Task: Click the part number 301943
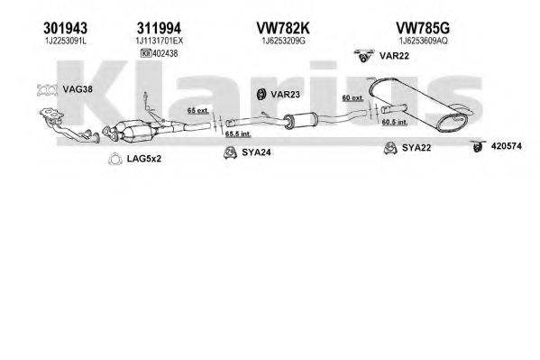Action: (x=66, y=28)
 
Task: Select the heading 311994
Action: (x=159, y=28)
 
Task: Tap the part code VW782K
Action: (x=283, y=28)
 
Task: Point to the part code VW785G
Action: (x=423, y=28)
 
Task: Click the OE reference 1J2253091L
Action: (x=66, y=41)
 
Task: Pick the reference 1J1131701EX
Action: (x=159, y=41)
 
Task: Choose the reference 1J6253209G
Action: (x=283, y=41)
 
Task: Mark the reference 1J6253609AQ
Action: (x=423, y=41)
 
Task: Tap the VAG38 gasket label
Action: (x=78, y=89)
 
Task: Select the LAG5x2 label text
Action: (x=144, y=159)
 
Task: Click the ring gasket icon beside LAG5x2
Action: (x=115, y=159)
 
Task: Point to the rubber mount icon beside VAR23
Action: (x=261, y=94)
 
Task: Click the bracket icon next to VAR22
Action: (x=363, y=56)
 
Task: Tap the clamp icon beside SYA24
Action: (x=229, y=152)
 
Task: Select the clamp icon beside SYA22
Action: (x=390, y=148)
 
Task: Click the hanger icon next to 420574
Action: (x=478, y=146)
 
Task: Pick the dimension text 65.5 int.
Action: (x=238, y=134)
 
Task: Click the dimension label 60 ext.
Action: (x=352, y=98)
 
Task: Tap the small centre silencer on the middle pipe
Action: (x=300, y=120)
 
